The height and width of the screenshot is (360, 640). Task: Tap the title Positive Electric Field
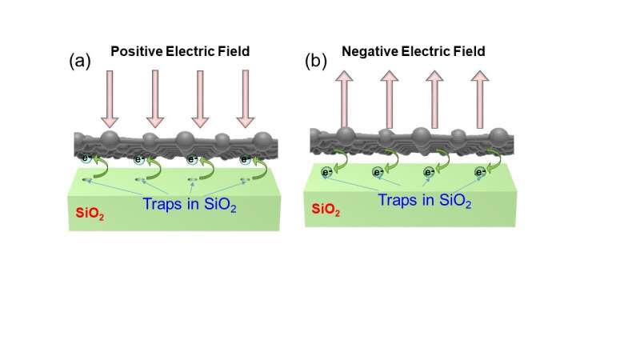pos(180,51)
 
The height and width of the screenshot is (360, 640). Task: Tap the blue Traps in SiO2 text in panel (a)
pos(186,203)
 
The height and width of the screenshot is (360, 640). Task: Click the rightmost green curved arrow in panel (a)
pos(260,166)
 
